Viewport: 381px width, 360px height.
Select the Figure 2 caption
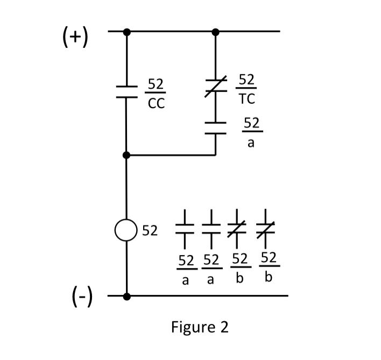199,327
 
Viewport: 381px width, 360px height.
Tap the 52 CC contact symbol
126,92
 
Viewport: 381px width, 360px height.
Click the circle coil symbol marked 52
126,231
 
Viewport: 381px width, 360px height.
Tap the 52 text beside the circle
150,232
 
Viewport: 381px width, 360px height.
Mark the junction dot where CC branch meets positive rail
126,32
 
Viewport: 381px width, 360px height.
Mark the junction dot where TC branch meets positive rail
215,32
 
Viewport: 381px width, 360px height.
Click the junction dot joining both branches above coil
126,155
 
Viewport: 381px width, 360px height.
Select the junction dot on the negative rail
126,296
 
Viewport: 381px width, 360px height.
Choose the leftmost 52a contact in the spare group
185,228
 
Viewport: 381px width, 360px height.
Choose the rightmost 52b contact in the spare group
264,228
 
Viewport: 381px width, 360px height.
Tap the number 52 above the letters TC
246,80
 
